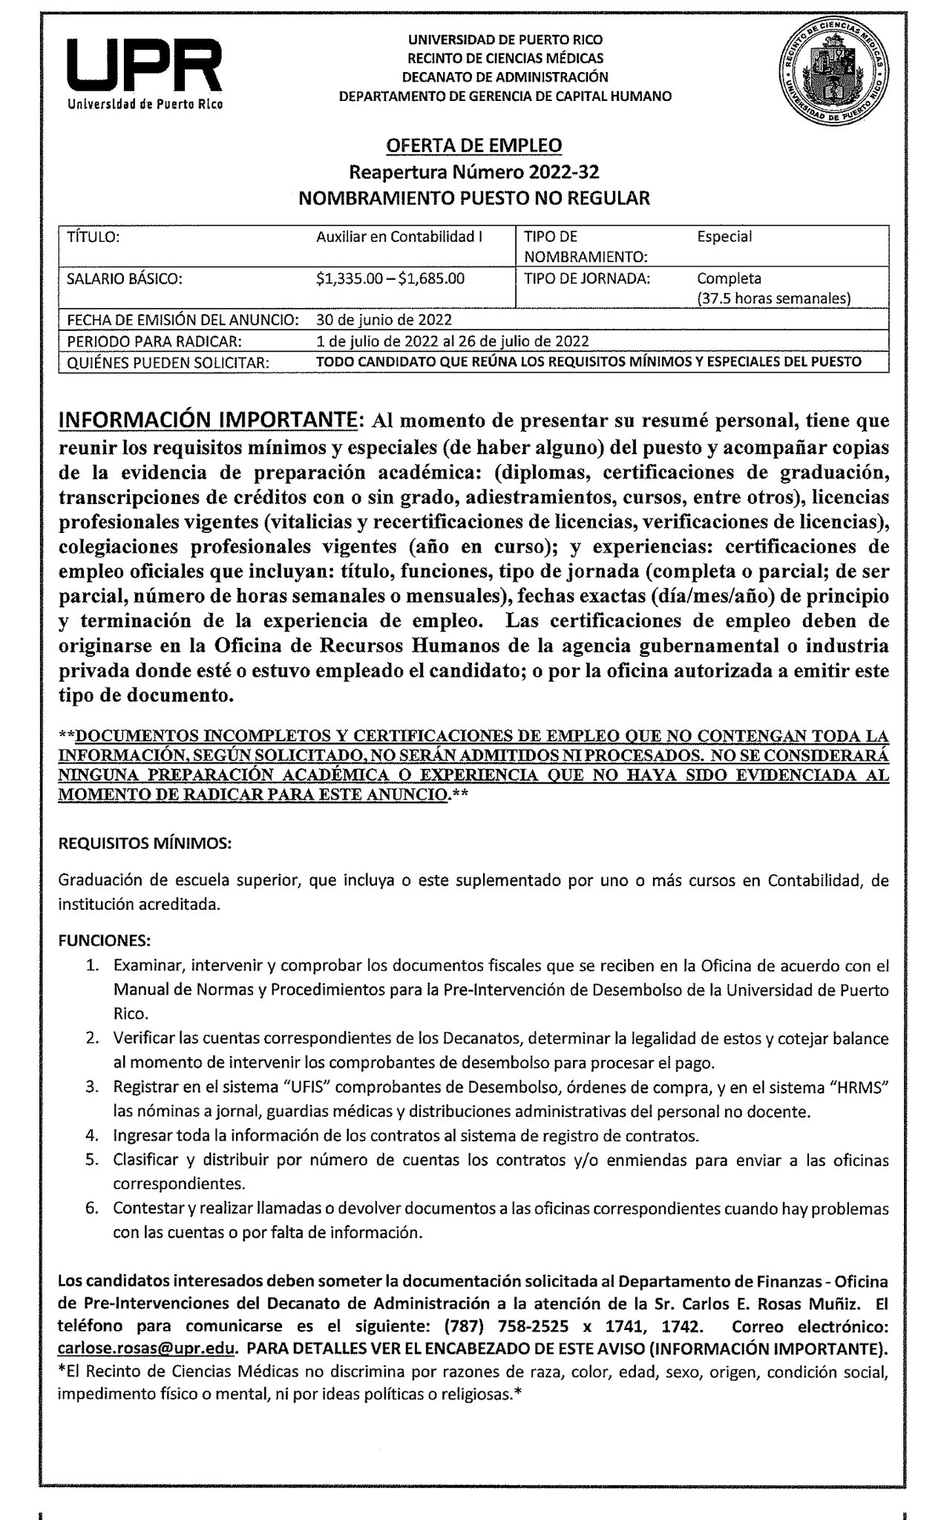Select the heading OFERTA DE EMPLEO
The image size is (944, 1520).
pos(474,145)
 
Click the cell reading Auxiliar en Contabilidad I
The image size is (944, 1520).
pos(399,237)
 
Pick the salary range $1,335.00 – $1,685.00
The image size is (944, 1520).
pos(390,279)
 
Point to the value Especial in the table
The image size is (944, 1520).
pos(724,237)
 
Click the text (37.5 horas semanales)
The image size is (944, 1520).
pos(773,298)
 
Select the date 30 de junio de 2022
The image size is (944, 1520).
pos(384,320)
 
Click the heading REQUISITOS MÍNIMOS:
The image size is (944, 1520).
pos(145,844)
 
